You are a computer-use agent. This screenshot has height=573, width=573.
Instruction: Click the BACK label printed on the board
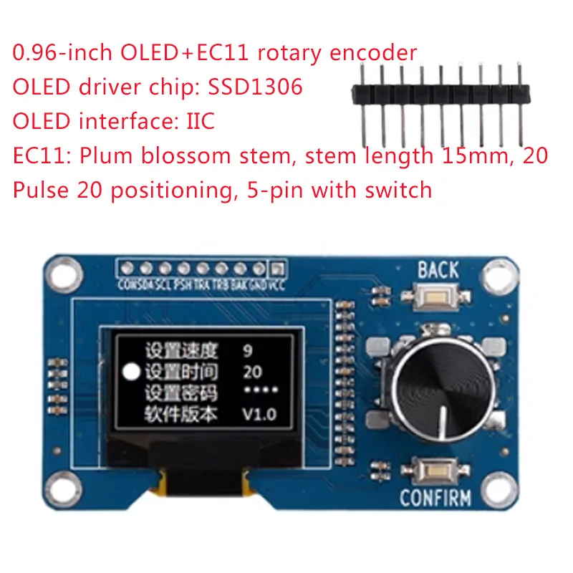(x=438, y=270)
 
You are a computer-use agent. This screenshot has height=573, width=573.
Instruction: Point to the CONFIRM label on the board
(x=435, y=497)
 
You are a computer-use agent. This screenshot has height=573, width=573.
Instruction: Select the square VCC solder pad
(x=277, y=269)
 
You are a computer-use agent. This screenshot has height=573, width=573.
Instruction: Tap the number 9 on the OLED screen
(x=248, y=351)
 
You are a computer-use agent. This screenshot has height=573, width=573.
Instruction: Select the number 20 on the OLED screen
(x=252, y=372)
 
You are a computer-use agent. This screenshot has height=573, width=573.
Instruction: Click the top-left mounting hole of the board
(x=61, y=271)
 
